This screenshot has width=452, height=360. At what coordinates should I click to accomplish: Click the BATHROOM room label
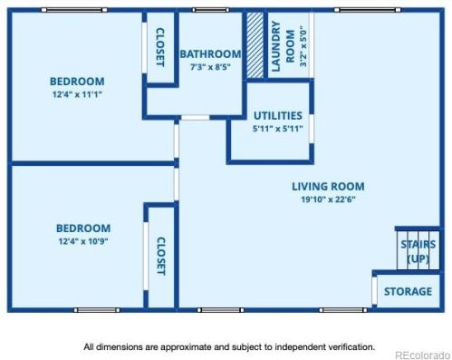[210, 54]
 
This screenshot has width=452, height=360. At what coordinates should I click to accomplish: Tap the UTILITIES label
[278, 116]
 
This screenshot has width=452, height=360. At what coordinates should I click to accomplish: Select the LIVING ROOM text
[328, 187]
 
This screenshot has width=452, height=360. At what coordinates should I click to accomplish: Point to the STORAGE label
[408, 291]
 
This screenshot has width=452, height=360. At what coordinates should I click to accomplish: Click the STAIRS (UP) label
[418, 251]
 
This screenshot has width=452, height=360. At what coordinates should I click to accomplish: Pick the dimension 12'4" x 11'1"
[77, 94]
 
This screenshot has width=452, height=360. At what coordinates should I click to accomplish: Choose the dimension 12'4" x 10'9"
[83, 241]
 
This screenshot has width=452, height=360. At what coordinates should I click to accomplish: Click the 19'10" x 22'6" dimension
[328, 199]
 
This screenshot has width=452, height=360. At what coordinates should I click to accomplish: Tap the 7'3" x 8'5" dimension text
[210, 67]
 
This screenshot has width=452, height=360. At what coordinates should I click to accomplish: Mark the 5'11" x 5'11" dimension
[278, 129]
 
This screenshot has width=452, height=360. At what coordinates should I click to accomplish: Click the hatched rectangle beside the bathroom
[255, 45]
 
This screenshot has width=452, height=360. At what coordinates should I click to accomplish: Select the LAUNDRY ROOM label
[283, 46]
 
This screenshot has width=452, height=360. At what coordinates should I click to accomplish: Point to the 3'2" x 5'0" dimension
[303, 46]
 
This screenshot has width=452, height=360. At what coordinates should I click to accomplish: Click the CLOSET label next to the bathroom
[160, 47]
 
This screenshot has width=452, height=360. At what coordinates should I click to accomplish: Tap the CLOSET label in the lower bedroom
[161, 256]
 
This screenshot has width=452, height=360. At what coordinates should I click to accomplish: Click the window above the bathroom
[211, 10]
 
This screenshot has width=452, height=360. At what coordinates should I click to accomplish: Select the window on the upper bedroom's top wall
[74, 10]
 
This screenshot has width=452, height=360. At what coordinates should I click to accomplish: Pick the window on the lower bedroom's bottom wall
[97, 310]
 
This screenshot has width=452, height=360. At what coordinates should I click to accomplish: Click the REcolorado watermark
[423, 355]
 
